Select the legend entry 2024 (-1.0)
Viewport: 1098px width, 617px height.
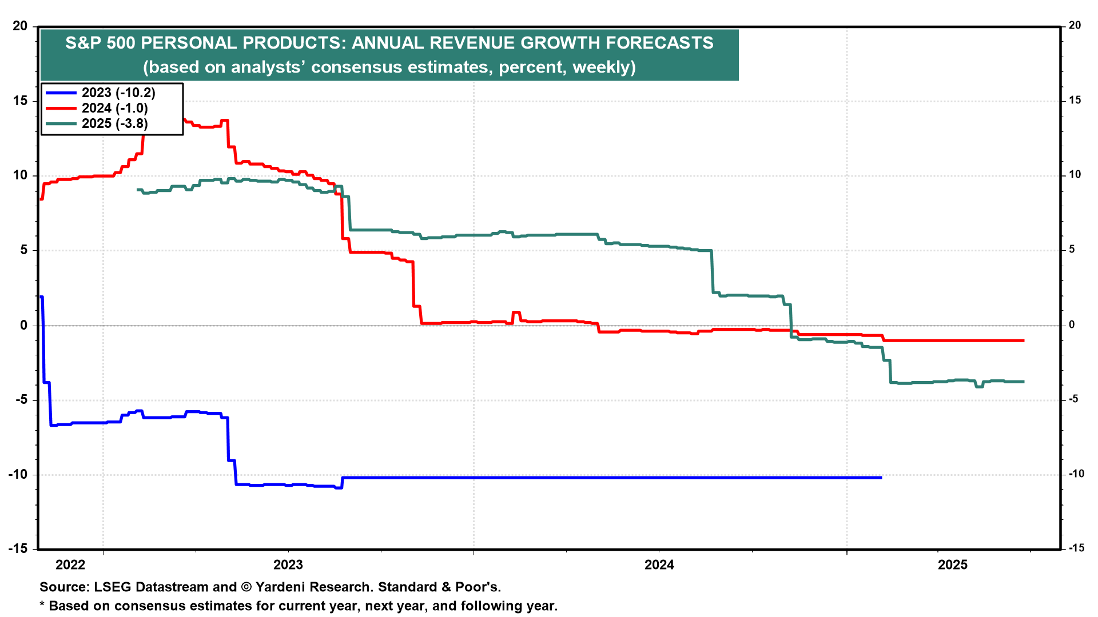(x=114, y=108)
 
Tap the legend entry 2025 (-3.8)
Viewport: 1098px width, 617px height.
(x=114, y=123)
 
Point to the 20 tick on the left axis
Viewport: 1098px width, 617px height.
(x=19, y=26)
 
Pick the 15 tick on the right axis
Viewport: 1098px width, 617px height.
(x=1075, y=101)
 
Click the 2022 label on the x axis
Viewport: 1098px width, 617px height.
(x=70, y=565)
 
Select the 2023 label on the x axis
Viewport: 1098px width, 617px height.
(x=288, y=565)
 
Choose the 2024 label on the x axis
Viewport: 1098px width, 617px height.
(x=659, y=565)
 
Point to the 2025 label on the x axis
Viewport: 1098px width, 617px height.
(x=953, y=565)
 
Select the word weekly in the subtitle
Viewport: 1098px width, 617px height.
(x=601, y=67)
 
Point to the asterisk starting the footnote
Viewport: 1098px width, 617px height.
(x=42, y=604)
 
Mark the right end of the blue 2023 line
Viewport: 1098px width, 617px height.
(x=881, y=477)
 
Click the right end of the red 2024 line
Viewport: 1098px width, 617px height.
(x=1023, y=340)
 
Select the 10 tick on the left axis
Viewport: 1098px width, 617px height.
(x=19, y=175)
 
